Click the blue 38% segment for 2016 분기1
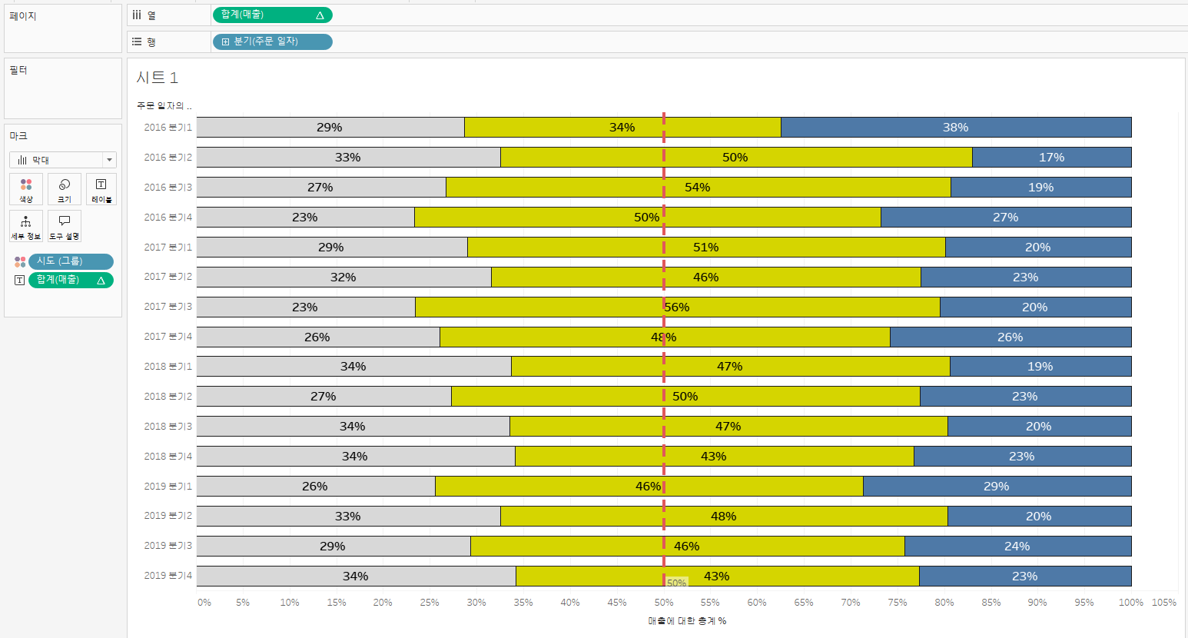click(956, 128)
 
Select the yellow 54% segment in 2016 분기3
click(698, 188)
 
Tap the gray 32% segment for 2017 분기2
click(343, 277)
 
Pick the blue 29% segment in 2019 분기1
click(997, 487)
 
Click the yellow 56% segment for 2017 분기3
click(677, 307)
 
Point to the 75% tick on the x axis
click(898, 603)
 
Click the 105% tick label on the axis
click(1163, 603)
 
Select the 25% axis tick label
click(430, 603)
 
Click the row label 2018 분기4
click(168, 457)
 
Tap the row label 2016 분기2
click(168, 158)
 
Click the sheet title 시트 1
click(157, 78)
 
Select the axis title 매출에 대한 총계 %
click(687, 621)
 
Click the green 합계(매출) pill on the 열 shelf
click(272, 15)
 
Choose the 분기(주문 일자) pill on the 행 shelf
click(272, 42)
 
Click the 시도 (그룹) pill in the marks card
click(71, 261)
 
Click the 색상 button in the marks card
click(26, 189)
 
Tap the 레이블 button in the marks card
click(101, 189)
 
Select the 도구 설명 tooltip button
click(65, 226)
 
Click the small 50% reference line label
click(676, 583)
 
